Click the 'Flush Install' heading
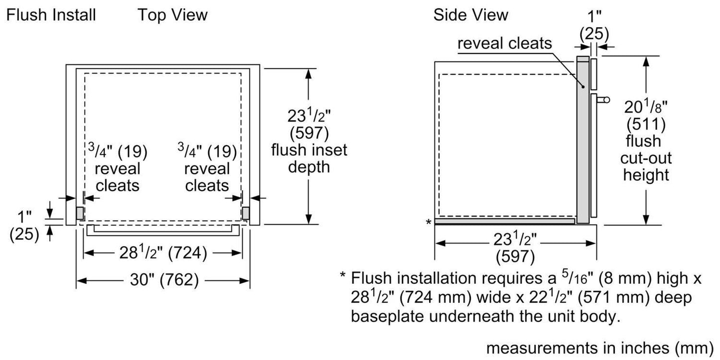point(50,15)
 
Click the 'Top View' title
point(172,15)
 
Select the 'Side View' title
point(470,15)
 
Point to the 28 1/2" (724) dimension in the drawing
point(162,253)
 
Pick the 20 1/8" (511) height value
point(646,114)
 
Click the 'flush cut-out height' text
point(646,158)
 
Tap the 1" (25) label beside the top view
point(24,226)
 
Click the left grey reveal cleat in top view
point(80,213)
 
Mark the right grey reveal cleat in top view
point(246,213)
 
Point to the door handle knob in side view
point(605,100)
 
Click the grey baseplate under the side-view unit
point(504,221)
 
